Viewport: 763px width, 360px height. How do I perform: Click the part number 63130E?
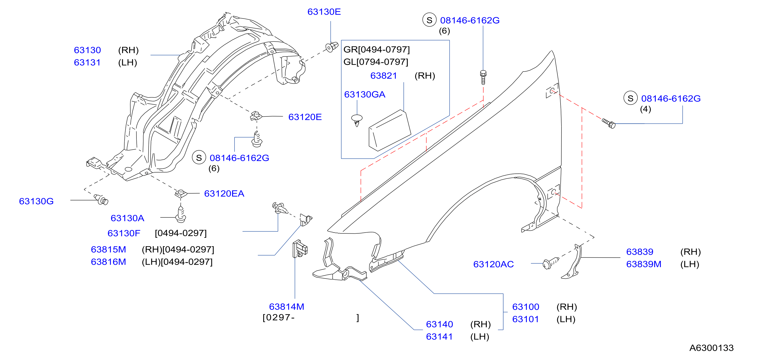pyautogui.click(x=324, y=12)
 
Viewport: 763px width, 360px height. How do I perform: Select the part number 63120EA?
pyautogui.click(x=224, y=194)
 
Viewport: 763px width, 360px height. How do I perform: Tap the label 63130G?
pyautogui.click(x=36, y=201)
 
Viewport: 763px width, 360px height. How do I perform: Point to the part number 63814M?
pyautogui.click(x=286, y=307)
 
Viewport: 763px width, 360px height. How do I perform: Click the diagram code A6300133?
pyautogui.click(x=712, y=348)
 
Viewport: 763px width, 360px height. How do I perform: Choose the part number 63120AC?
pyautogui.click(x=494, y=264)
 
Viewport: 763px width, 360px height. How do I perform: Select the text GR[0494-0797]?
pyautogui.click(x=377, y=49)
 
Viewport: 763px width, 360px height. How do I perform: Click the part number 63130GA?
pyautogui.click(x=365, y=94)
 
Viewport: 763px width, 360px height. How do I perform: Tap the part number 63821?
pyautogui.click(x=384, y=76)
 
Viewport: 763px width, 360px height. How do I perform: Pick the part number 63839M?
pyautogui.click(x=644, y=264)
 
